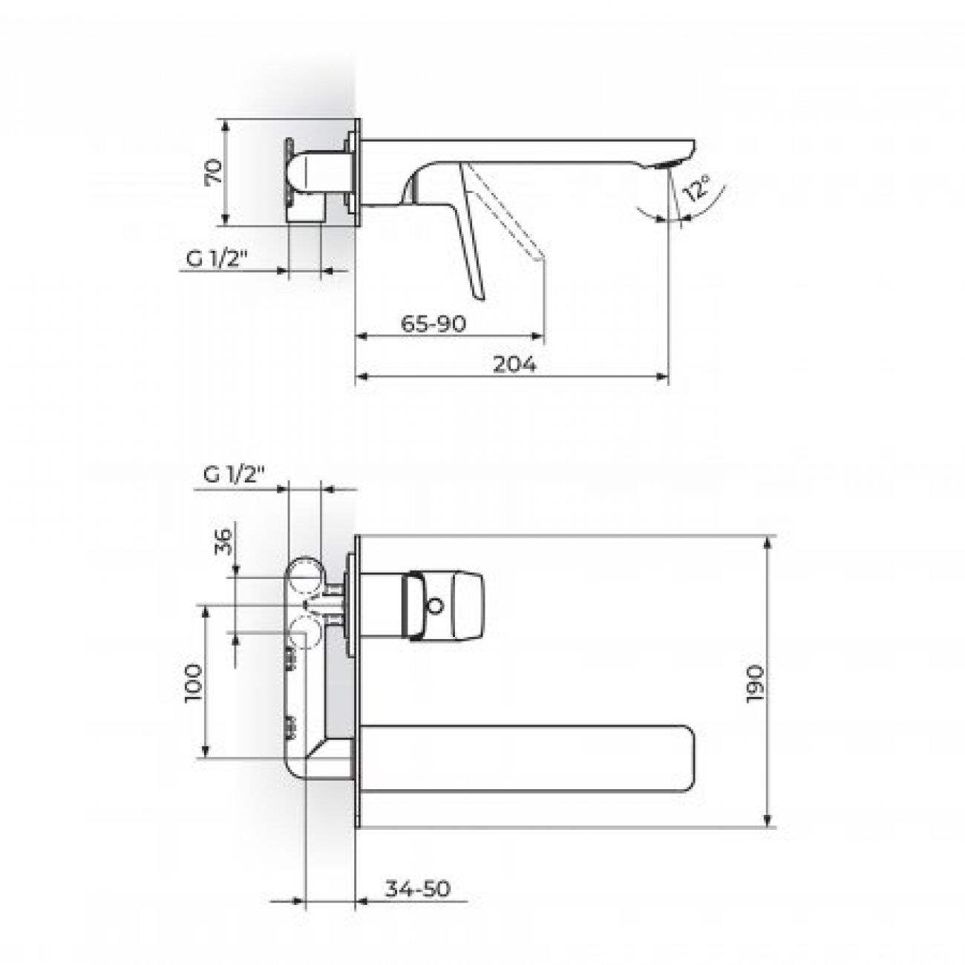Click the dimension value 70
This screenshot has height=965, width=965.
[214, 171]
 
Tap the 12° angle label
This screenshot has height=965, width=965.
[698, 188]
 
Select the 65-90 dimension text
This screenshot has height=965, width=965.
[434, 324]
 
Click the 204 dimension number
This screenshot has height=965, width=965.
[514, 364]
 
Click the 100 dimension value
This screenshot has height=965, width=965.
[194, 684]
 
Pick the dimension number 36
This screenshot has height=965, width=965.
[225, 541]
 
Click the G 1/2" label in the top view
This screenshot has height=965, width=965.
[217, 259]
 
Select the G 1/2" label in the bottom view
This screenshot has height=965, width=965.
[234, 475]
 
